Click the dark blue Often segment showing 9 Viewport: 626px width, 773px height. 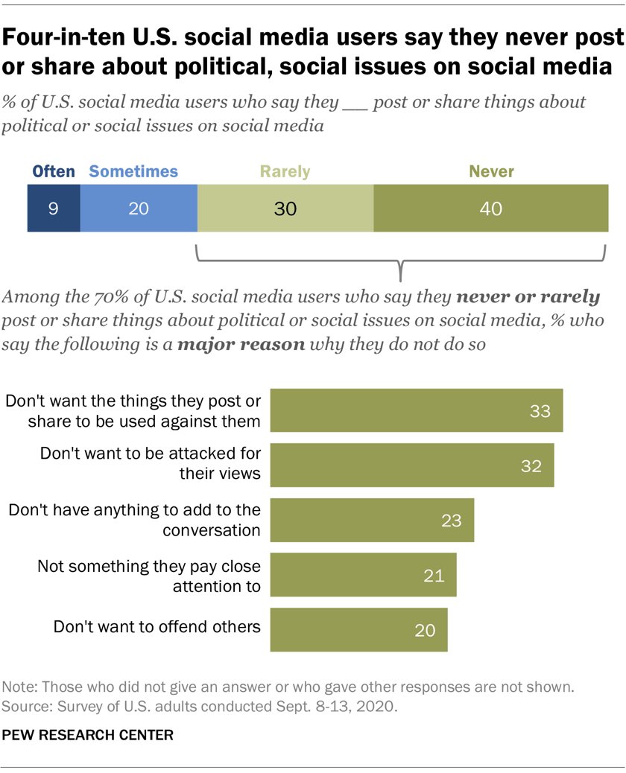pos(53,209)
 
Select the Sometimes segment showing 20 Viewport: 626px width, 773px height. pos(139,209)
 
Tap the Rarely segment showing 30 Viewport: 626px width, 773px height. pos(285,209)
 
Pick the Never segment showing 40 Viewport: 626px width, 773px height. pos(490,209)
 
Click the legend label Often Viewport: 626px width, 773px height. pos(54,172)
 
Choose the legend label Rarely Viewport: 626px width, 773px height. pos(285,172)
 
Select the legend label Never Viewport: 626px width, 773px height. pos(491,172)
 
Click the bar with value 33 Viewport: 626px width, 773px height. pos(416,410)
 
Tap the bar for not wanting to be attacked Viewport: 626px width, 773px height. pos(411,465)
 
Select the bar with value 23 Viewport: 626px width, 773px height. pos(371,520)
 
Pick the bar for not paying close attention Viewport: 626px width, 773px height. pos(363,575)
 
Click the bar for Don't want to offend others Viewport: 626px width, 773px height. pos(358,630)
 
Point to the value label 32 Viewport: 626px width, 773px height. pos(530,465)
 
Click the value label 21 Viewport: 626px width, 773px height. pos(434,575)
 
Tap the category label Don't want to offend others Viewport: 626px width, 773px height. pos(156,626)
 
